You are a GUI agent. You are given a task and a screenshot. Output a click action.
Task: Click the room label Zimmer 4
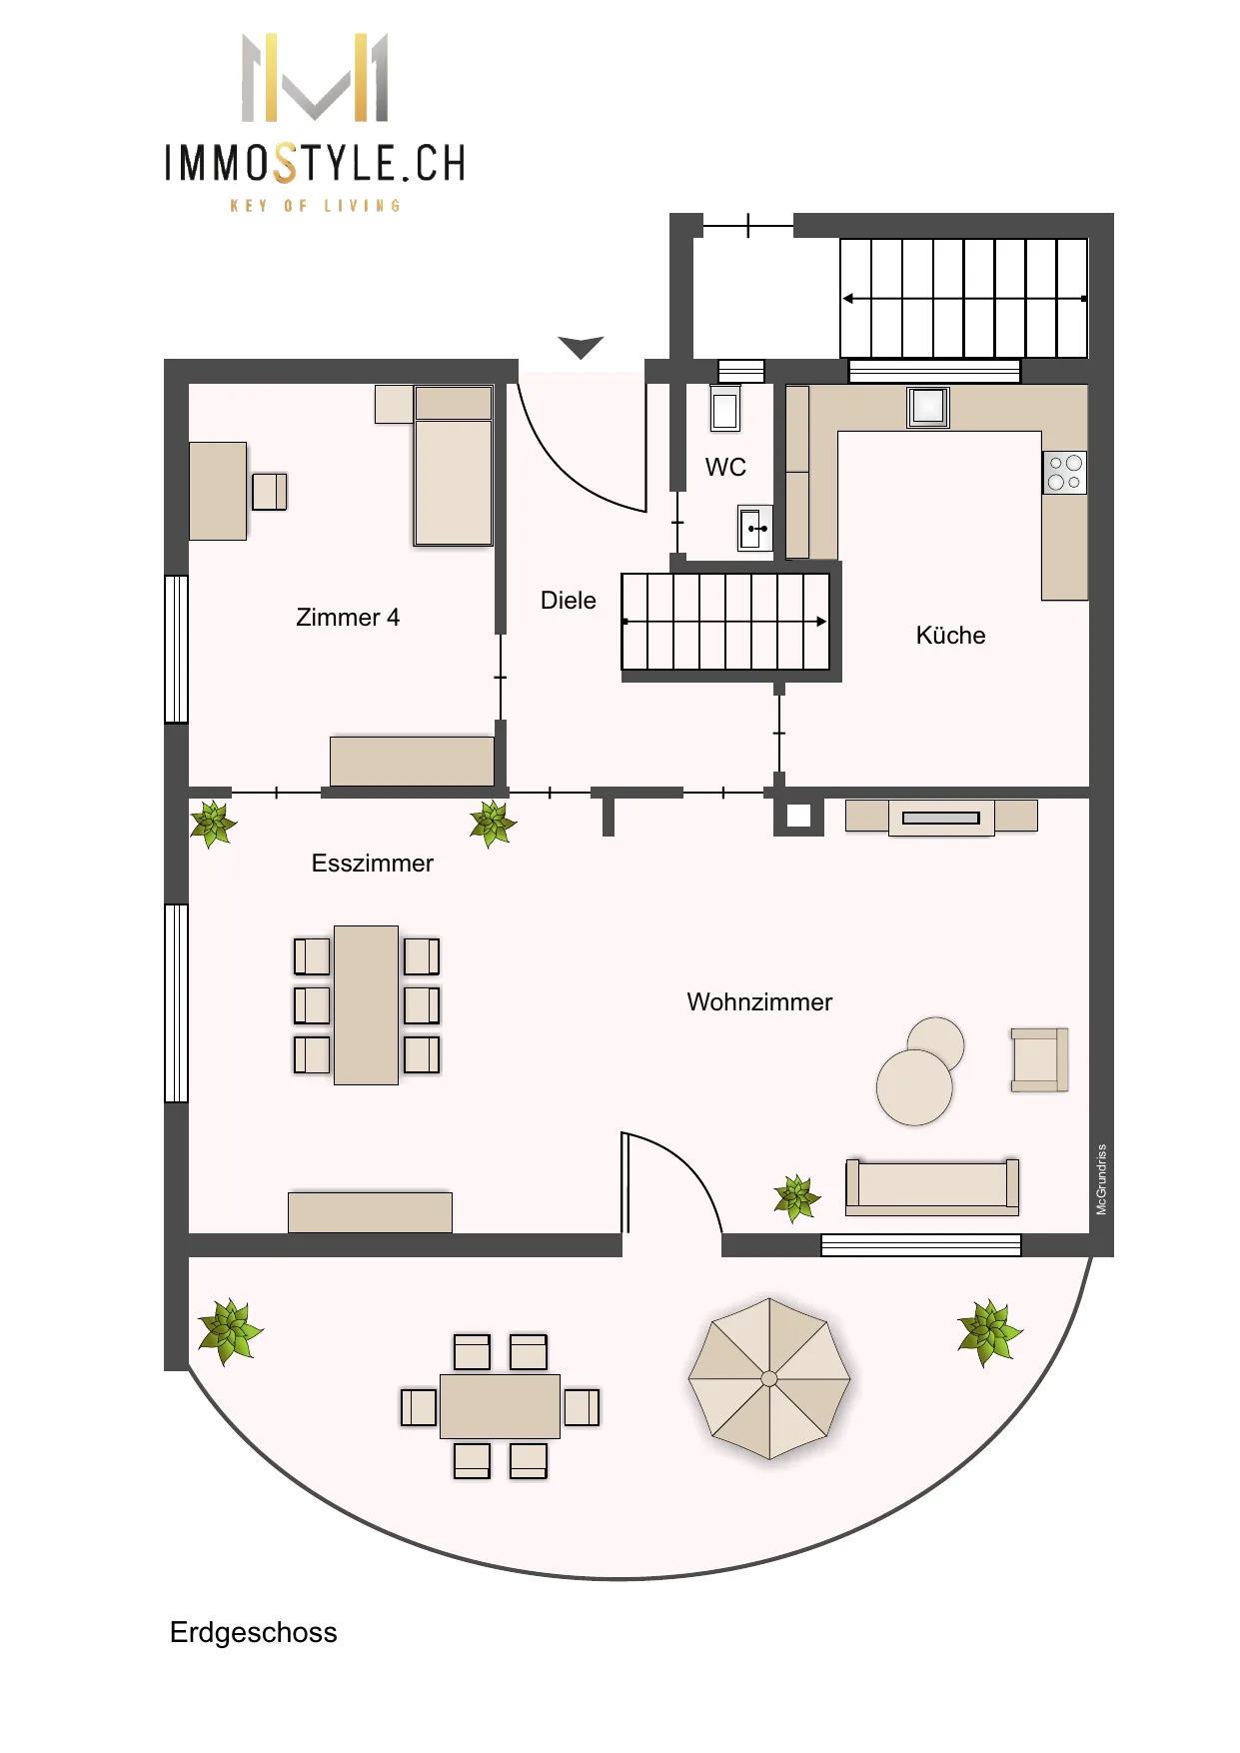[x=348, y=618]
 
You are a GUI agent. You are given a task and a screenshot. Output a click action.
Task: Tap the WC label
[x=725, y=468]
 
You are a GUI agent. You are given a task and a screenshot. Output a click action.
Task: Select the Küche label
[x=950, y=636]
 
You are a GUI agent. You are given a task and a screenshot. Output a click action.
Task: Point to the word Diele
[x=569, y=601]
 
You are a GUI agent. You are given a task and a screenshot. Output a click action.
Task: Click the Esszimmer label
[x=373, y=864]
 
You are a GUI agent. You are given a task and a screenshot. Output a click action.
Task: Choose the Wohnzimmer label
[x=759, y=1002]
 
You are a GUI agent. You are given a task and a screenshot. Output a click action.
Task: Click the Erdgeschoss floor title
[x=254, y=1633]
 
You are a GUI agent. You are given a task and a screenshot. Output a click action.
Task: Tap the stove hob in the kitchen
[x=1064, y=473]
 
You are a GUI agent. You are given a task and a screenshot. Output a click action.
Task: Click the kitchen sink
[x=928, y=407]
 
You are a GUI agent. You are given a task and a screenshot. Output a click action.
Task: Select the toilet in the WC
[x=725, y=409]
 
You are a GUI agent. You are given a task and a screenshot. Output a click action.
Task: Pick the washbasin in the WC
[x=755, y=528]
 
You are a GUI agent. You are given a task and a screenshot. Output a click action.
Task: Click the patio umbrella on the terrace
[x=769, y=1379]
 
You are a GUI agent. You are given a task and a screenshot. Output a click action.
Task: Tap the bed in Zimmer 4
[x=454, y=466]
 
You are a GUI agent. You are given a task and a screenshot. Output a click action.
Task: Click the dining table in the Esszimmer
[x=367, y=1005]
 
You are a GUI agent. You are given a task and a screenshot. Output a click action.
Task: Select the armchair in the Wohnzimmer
[x=1039, y=1060]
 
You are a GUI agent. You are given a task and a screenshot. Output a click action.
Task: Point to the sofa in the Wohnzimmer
[x=932, y=1187]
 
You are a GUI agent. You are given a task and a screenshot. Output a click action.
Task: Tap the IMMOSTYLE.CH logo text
[x=316, y=164]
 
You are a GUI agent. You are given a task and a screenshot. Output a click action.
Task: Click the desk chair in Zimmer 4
[x=270, y=492]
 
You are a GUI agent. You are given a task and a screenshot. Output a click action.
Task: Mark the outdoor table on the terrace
[x=500, y=1407]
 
